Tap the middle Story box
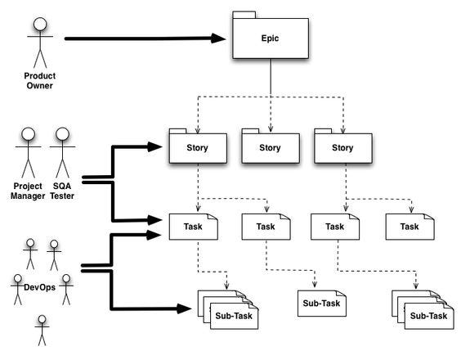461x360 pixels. pyautogui.click(x=270, y=149)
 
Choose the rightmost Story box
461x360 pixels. pyautogui.click(x=343, y=149)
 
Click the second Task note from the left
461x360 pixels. pyautogui.click(x=266, y=227)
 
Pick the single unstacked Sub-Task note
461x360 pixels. pyautogui.click(x=320, y=302)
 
